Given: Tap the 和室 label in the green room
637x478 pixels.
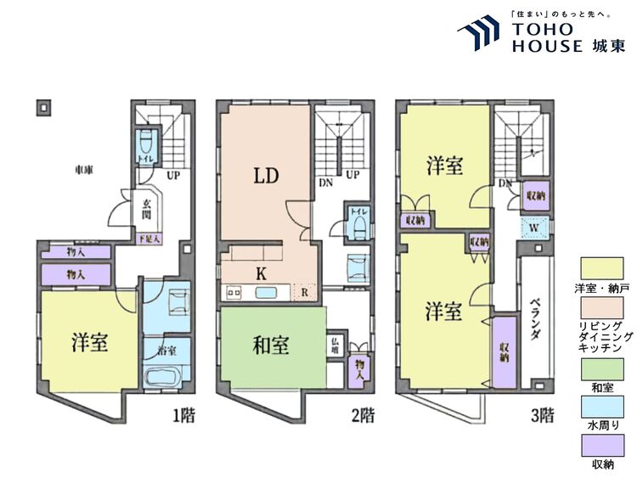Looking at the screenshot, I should tap(271, 346).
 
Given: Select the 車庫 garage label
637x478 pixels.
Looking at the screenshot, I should tap(83, 171).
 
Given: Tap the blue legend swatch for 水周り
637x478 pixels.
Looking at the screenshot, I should tap(602, 408).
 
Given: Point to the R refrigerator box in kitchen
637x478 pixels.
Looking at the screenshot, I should tap(304, 293).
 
